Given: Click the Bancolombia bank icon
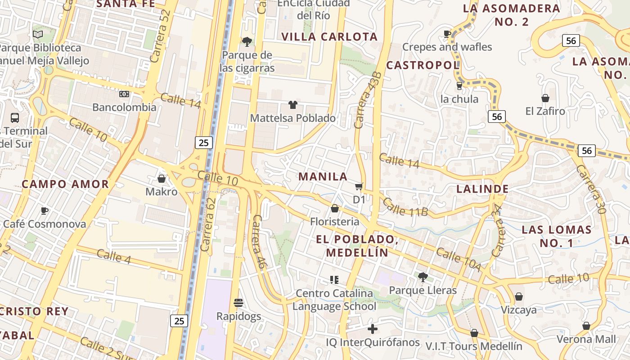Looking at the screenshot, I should [124, 94].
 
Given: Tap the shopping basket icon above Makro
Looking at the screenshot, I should [162, 179].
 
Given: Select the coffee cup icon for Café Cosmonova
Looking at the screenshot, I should [44, 211].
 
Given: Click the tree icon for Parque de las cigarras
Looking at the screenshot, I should [247, 42].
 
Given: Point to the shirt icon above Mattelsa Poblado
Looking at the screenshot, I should [293, 105].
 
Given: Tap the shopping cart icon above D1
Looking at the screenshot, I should [359, 186].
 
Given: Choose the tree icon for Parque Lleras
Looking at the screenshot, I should [423, 277].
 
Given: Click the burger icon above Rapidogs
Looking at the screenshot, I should [238, 302].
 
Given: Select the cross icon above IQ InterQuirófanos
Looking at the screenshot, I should [373, 329].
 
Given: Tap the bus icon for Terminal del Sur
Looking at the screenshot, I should [15, 118].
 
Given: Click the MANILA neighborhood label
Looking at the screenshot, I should [323, 176].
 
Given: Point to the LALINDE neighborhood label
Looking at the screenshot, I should [482, 189].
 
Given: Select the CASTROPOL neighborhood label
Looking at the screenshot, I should [423, 65].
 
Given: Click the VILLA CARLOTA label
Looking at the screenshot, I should [329, 37].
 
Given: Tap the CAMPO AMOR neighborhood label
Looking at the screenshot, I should [65, 184].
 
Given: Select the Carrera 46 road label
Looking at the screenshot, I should [260, 242].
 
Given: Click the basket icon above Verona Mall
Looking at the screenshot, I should [586, 326].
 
